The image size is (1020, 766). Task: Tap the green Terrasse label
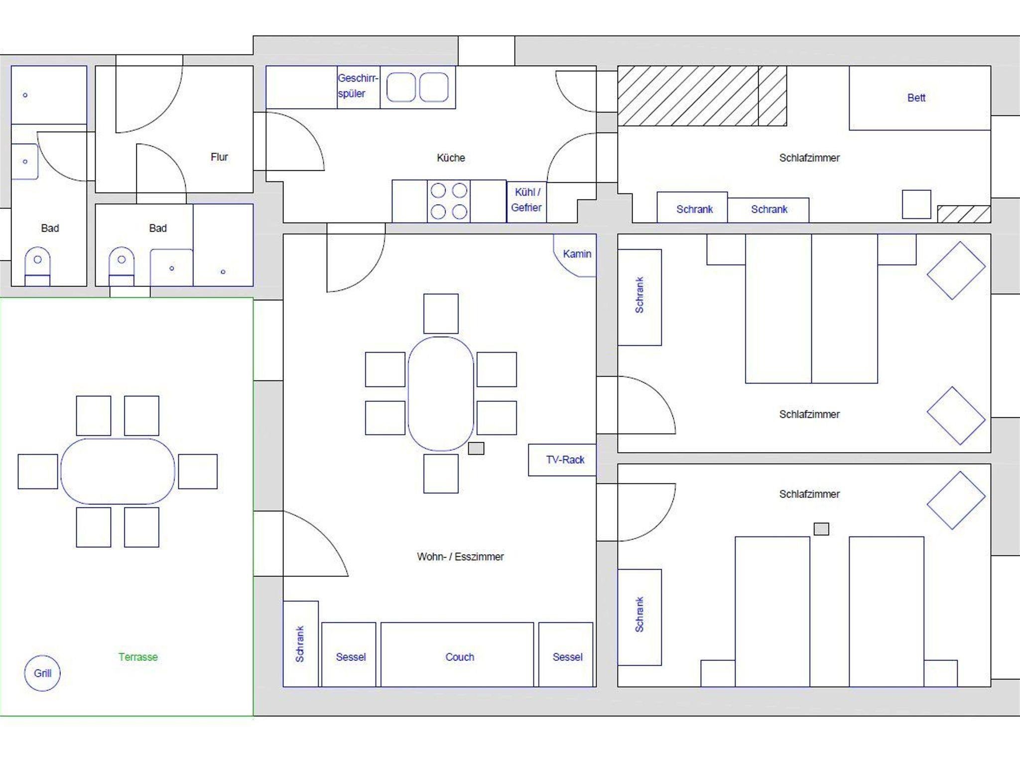tap(138, 657)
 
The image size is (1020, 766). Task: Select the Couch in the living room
tap(457, 654)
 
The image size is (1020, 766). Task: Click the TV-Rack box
tap(562, 460)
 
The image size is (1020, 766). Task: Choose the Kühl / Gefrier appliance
tap(526, 201)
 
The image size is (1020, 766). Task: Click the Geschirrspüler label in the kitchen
tap(358, 86)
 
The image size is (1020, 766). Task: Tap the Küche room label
tap(451, 158)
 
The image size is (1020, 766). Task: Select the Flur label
tap(219, 157)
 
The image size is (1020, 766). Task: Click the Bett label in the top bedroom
tap(916, 98)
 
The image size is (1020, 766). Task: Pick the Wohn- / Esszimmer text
tap(460, 557)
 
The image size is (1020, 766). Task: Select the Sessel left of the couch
tap(349, 654)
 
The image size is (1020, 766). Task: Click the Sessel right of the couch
tap(566, 654)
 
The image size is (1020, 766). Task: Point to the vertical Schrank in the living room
tap(300, 644)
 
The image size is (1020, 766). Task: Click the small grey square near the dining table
tap(476, 448)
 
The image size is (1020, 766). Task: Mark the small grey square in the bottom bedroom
tap(821, 529)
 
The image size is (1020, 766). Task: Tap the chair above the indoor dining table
tap(441, 314)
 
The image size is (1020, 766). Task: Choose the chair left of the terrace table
tap(38, 471)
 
